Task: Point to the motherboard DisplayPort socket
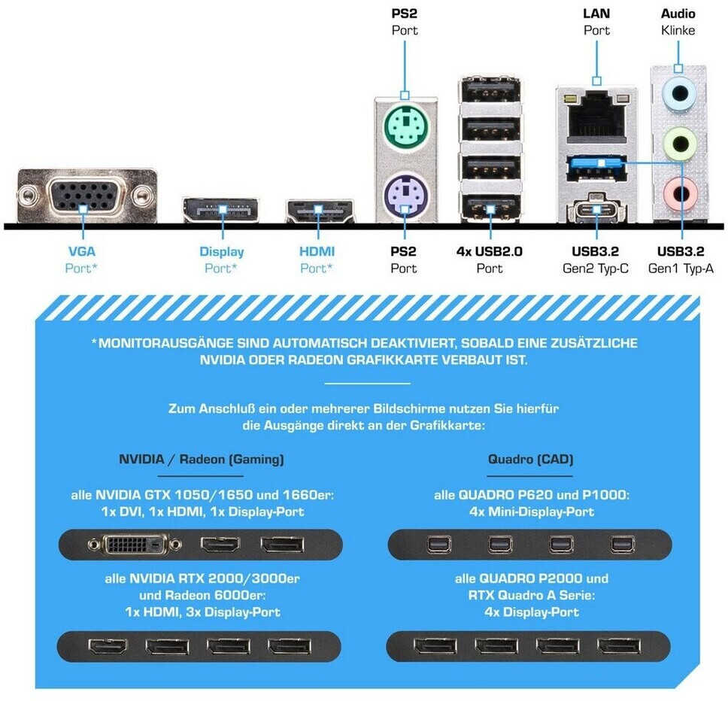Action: coord(221,210)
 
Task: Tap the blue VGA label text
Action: coord(82,252)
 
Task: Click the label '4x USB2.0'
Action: coord(490,252)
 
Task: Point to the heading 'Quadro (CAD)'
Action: coord(530,459)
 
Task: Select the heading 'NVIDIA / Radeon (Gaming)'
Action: coord(201,459)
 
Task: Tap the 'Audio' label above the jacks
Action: coord(678,14)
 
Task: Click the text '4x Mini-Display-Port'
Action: coord(529,511)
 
